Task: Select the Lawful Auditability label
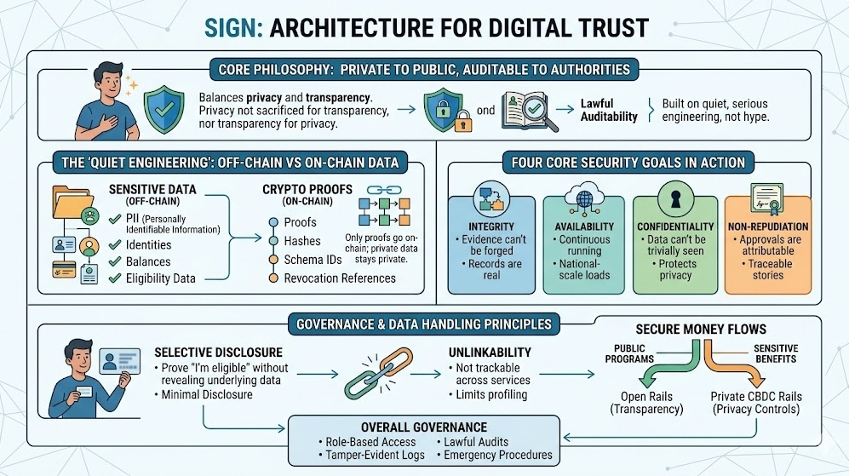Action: [x=609, y=110]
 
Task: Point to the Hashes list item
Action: [x=302, y=241]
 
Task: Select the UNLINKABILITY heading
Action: [x=489, y=352]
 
